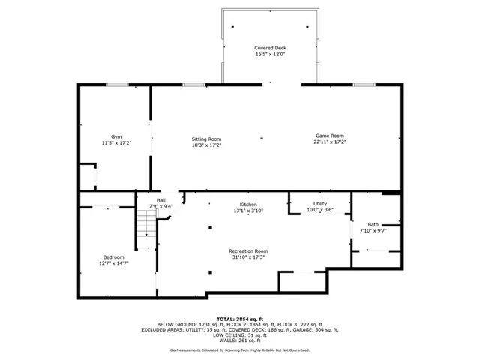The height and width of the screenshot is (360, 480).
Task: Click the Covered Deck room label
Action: pos(269,48)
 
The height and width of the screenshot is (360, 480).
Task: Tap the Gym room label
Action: pos(116,136)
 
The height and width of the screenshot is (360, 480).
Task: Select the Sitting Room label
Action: pos(206,139)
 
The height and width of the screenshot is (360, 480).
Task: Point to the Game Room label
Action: pos(329,136)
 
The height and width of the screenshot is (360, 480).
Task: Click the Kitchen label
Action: pos(248,205)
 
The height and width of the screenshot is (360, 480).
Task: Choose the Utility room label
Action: pos(320,204)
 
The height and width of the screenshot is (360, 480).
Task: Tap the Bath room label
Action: pos(373,224)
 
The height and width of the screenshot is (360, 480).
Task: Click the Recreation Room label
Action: pos(248,250)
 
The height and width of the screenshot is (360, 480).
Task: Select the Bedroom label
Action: pos(114,256)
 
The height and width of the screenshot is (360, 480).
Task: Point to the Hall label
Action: pos(161,200)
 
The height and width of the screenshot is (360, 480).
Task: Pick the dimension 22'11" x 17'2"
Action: pos(329,142)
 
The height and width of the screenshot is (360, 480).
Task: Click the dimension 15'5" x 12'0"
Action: pos(269,54)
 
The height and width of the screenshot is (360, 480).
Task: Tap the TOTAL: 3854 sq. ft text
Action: pos(240,319)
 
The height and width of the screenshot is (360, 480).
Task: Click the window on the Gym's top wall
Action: pos(116,85)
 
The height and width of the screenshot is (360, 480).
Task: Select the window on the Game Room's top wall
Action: pos(364,85)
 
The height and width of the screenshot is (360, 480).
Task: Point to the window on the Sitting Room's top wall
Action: pos(194,85)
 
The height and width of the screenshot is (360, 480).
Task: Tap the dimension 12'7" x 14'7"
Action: pos(114,262)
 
